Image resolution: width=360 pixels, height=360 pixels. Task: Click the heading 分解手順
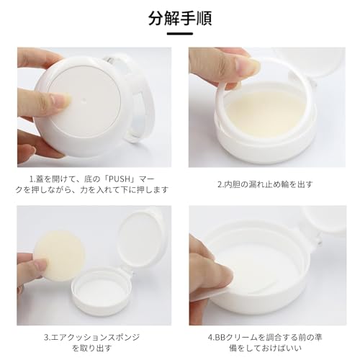point(180,18)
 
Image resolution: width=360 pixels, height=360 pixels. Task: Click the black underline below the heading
point(180,34)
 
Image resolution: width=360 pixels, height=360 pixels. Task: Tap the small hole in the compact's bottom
point(84,100)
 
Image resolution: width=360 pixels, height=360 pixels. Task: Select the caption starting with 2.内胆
point(265,184)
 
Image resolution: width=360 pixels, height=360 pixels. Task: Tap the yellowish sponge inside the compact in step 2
point(266,114)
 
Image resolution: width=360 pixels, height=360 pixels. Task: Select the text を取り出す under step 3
point(92,348)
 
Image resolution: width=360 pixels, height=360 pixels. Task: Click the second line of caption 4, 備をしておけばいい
point(265,348)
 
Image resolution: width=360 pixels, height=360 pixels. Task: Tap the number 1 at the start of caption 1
point(31,179)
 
